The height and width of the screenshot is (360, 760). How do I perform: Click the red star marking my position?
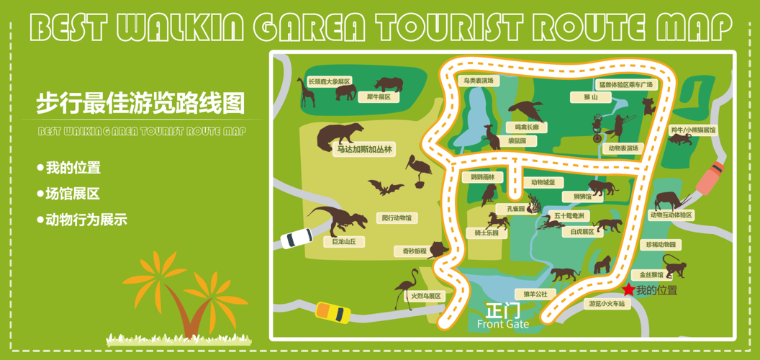(628, 289)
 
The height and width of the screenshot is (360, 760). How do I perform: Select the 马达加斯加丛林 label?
(365, 150)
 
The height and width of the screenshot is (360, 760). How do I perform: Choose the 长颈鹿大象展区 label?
(329, 81)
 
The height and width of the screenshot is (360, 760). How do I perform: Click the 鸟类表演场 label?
(479, 81)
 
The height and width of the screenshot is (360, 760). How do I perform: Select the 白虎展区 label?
(582, 232)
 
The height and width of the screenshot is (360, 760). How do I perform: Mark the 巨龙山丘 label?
(344, 242)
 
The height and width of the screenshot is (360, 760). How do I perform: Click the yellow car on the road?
(332, 312)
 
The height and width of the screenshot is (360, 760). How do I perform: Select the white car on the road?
(297, 237)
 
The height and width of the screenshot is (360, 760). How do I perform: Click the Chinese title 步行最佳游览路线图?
(140, 103)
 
